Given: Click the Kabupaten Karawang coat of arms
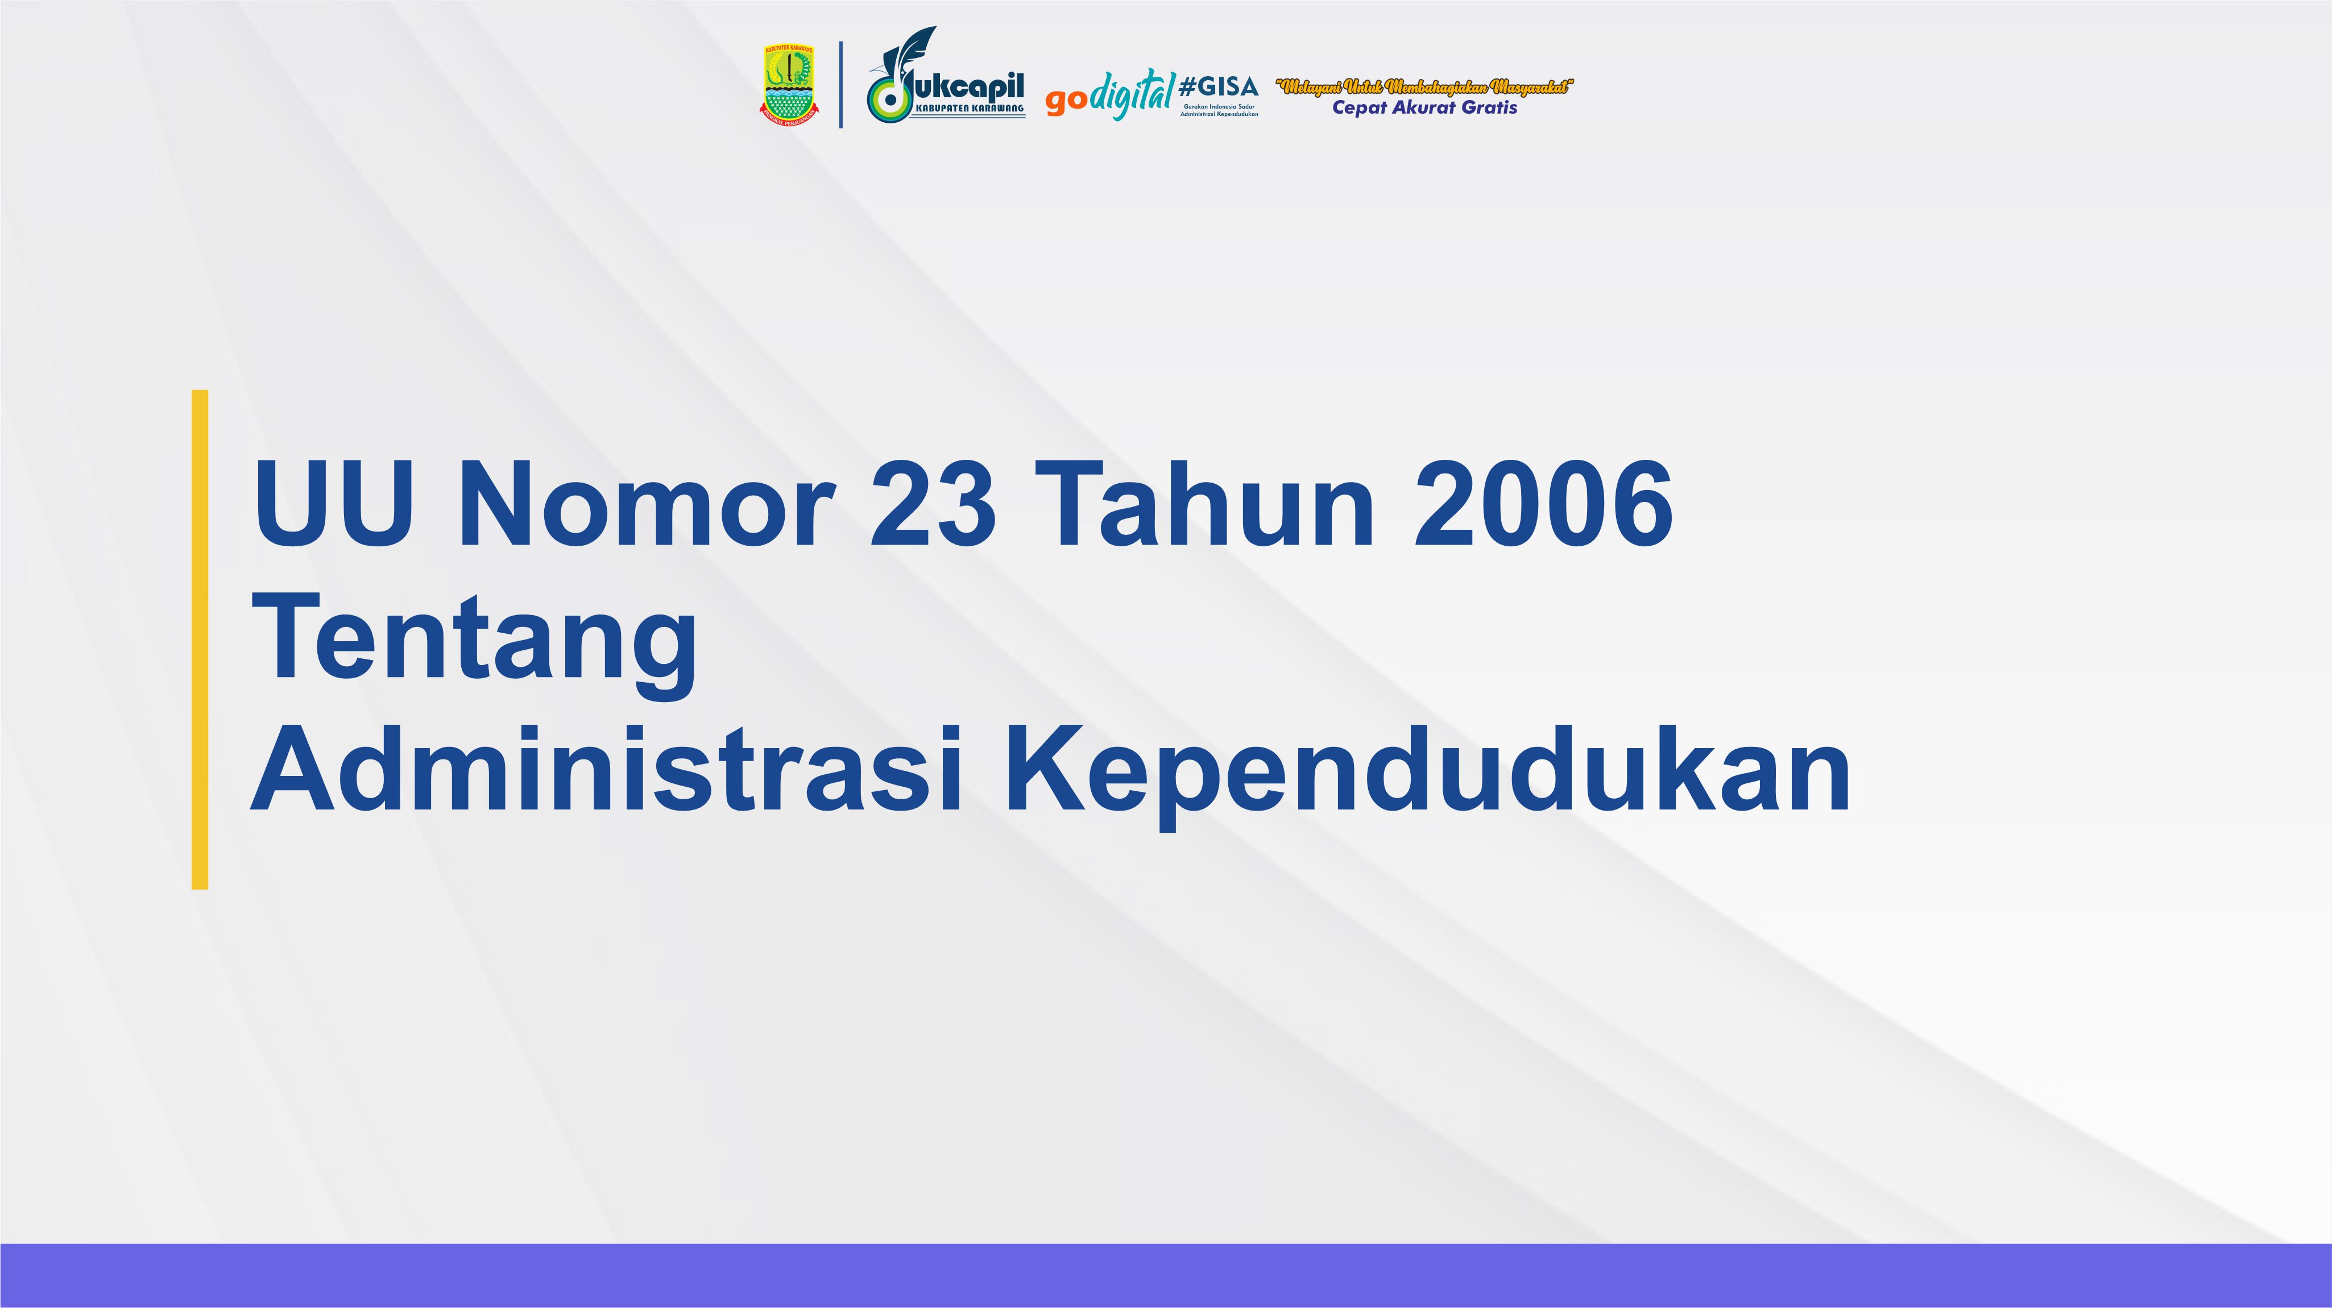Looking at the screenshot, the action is tap(789, 83).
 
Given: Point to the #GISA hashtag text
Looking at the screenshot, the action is tap(1219, 87).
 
